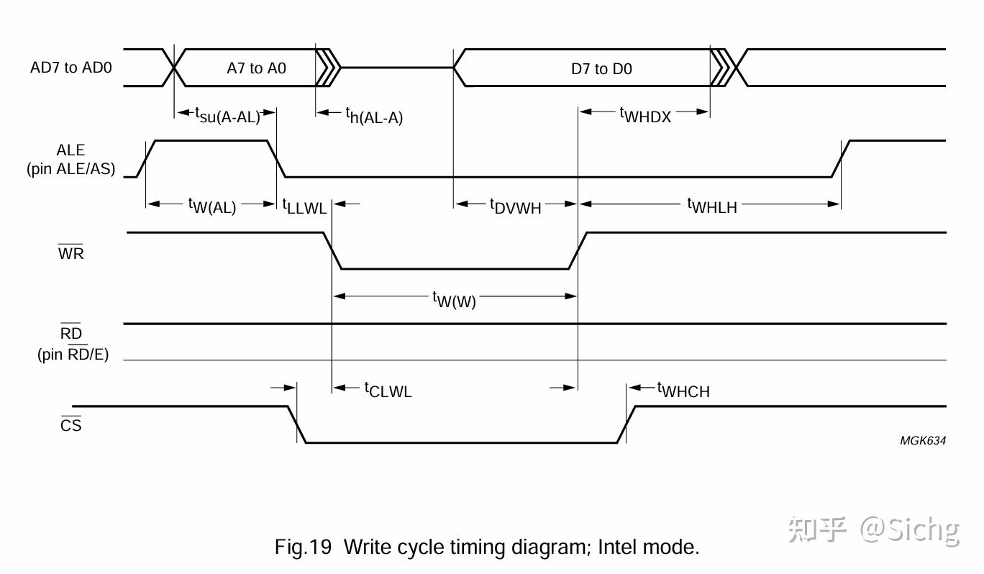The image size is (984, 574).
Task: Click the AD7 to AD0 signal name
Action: click(70, 68)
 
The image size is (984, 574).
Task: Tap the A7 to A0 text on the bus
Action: click(257, 68)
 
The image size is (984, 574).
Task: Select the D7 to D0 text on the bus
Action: click(601, 68)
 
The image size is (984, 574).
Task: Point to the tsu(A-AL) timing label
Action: click(228, 115)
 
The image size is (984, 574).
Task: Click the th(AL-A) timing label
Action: click(374, 116)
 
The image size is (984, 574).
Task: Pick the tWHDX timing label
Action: click(645, 115)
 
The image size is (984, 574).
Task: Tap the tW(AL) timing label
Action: click(212, 206)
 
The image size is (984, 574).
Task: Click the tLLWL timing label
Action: click(304, 206)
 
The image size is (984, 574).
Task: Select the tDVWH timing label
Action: click(515, 206)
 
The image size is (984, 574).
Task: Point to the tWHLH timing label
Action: click(712, 206)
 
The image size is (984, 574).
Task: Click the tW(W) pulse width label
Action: click(454, 300)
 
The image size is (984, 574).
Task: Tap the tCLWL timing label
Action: click(388, 390)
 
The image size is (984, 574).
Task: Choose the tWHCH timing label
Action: click(683, 390)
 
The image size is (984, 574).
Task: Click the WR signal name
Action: click(70, 252)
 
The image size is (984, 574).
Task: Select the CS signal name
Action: click(70, 424)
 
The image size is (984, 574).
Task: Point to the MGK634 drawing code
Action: click(922, 440)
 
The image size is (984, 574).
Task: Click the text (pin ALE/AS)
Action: click(70, 169)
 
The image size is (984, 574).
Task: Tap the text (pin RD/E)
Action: click(73, 354)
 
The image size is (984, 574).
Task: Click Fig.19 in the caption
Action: click(303, 547)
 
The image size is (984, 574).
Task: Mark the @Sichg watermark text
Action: click(909, 531)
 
